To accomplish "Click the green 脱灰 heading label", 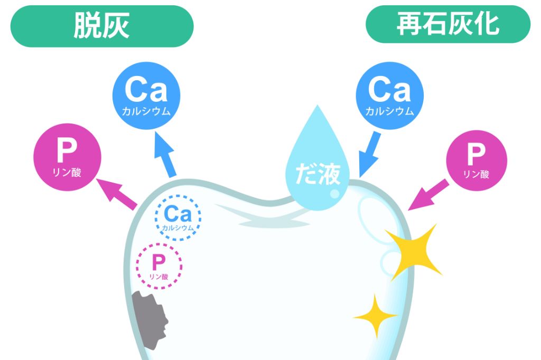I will [101, 26].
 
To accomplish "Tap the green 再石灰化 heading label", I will [447, 24].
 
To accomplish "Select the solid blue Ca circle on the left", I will [146, 96].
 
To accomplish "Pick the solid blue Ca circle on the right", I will [389, 96].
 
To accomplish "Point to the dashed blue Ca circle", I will [178, 217].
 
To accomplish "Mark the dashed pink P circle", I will [159, 266].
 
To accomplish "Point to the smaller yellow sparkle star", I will [375, 316].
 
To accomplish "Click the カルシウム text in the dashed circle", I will [178, 228].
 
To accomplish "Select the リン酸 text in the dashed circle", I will [158, 276].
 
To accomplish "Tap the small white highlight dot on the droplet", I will [334, 194].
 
